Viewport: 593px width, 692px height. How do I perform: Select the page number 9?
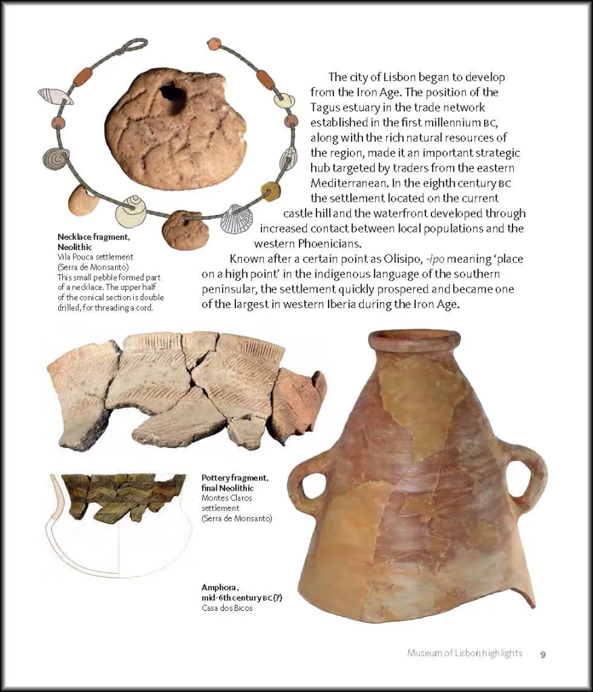[543, 653]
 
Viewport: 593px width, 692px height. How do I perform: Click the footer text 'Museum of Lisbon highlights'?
[465, 653]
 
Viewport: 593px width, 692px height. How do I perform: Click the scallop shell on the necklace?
[236, 219]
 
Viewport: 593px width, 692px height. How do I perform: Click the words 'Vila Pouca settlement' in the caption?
[95, 257]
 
